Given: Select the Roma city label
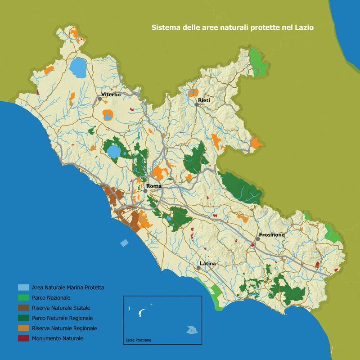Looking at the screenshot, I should coord(153,185).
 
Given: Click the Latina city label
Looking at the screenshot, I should coord(208,263).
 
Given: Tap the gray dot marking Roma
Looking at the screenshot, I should coord(146,190).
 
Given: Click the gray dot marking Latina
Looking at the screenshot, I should coord(198,267).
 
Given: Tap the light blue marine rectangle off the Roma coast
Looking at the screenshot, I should coord(124,243).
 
